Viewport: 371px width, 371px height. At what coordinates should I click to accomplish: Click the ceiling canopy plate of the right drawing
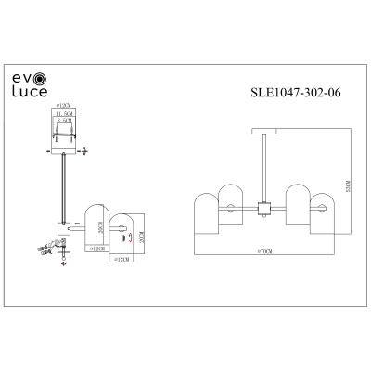pyautogui.click(x=264, y=132)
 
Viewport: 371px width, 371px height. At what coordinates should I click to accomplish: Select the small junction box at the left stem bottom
pyautogui.click(x=62, y=227)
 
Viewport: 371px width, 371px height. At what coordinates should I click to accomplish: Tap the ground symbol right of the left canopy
pyautogui.click(x=84, y=149)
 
